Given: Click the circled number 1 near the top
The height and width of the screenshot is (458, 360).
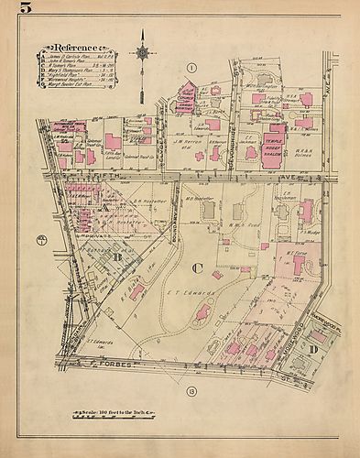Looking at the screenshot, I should [191, 67].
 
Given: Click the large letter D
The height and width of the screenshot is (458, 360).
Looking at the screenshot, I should [313, 349].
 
